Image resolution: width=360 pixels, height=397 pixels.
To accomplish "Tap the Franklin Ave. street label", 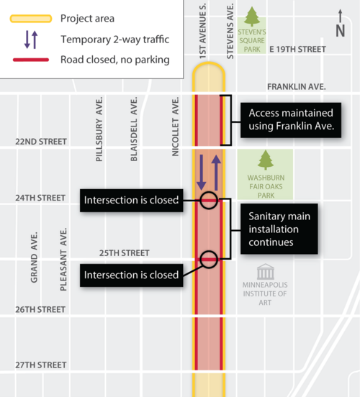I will click(296, 86).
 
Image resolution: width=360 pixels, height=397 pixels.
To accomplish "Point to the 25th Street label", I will click(123, 253).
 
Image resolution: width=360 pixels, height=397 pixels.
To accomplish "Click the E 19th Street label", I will click(297, 49).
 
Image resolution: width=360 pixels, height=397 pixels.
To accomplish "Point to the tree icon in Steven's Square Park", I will click(252, 17).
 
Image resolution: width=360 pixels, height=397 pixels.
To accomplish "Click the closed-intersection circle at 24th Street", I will click(209, 201).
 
